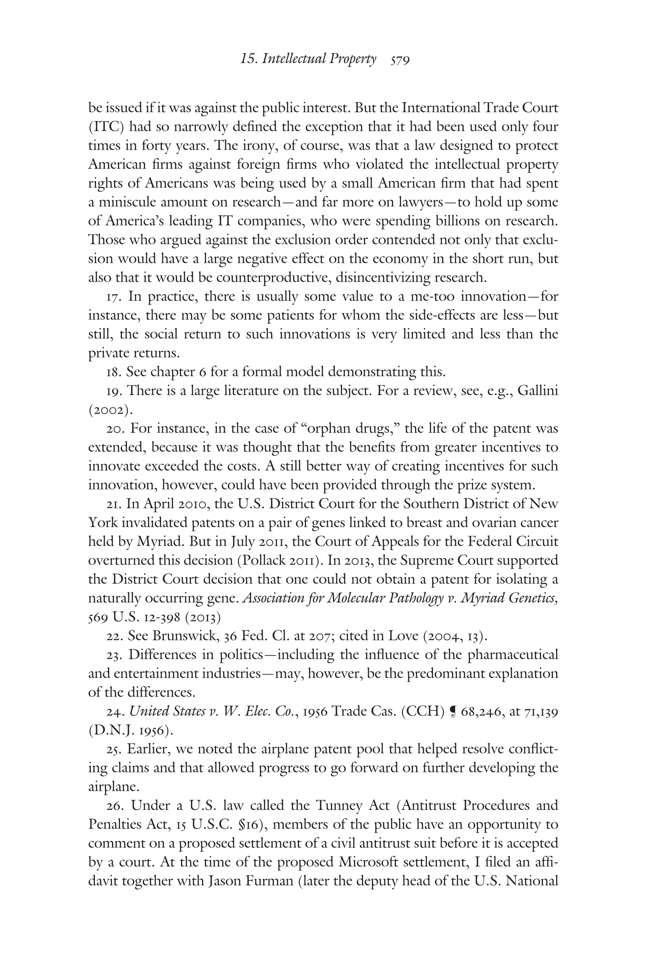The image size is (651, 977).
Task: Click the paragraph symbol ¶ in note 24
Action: click(x=452, y=712)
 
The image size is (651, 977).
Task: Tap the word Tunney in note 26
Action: click(x=339, y=806)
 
